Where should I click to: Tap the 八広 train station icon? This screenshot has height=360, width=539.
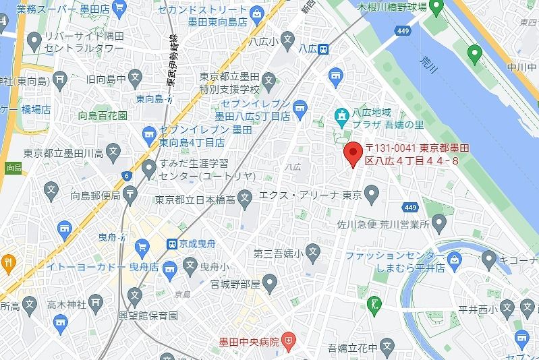(x=324, y=49)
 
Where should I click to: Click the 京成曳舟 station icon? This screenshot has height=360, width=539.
(x=173, y=243)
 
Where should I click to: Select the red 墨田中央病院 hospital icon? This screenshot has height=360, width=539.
(x=289, y=341)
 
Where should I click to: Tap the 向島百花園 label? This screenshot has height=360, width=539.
(x=103, y=115)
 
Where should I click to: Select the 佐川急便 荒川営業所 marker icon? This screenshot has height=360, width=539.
(x=441, y=220)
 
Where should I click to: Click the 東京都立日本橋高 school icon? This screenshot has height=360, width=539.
(x=246, y=198)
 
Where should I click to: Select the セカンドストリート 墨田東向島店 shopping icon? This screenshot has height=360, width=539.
(x=256, y=13)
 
